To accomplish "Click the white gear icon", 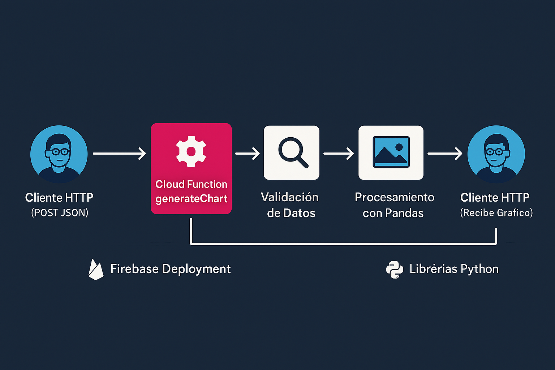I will [191, 151].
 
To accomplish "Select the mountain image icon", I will [391, 152].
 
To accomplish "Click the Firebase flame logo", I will [96, 270].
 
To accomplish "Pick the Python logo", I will [395, 270].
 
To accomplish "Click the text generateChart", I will [192, 199].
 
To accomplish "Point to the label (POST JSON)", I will [60, 212].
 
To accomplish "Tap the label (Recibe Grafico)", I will [496, 212].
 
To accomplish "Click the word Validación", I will [290, 197].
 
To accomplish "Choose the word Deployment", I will [196, 269].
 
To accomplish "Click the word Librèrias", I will [428, 269].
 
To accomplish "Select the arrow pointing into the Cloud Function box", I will [119, 154].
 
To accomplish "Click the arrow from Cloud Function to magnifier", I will [248, 154].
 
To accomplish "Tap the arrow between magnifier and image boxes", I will [339, 154].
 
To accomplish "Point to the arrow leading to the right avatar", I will [445, 154].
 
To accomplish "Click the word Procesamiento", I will [394, 197].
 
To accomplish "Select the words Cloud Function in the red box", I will [191, 184].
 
